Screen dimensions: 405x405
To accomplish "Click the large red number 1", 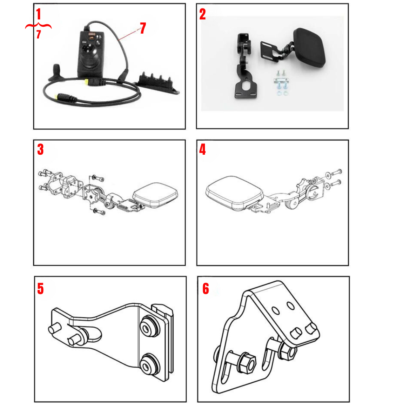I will [38, 15].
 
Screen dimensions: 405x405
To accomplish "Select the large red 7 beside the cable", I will [143, 28].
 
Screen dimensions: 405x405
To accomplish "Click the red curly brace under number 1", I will [38, 27].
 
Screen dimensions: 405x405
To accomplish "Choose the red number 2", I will [202, 15].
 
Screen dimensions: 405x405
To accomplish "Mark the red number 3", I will [40, 149].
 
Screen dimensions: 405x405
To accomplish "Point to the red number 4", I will [202, 150].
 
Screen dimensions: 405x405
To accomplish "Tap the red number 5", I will [40, 289].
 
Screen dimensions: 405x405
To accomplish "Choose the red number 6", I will [206, 289].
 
